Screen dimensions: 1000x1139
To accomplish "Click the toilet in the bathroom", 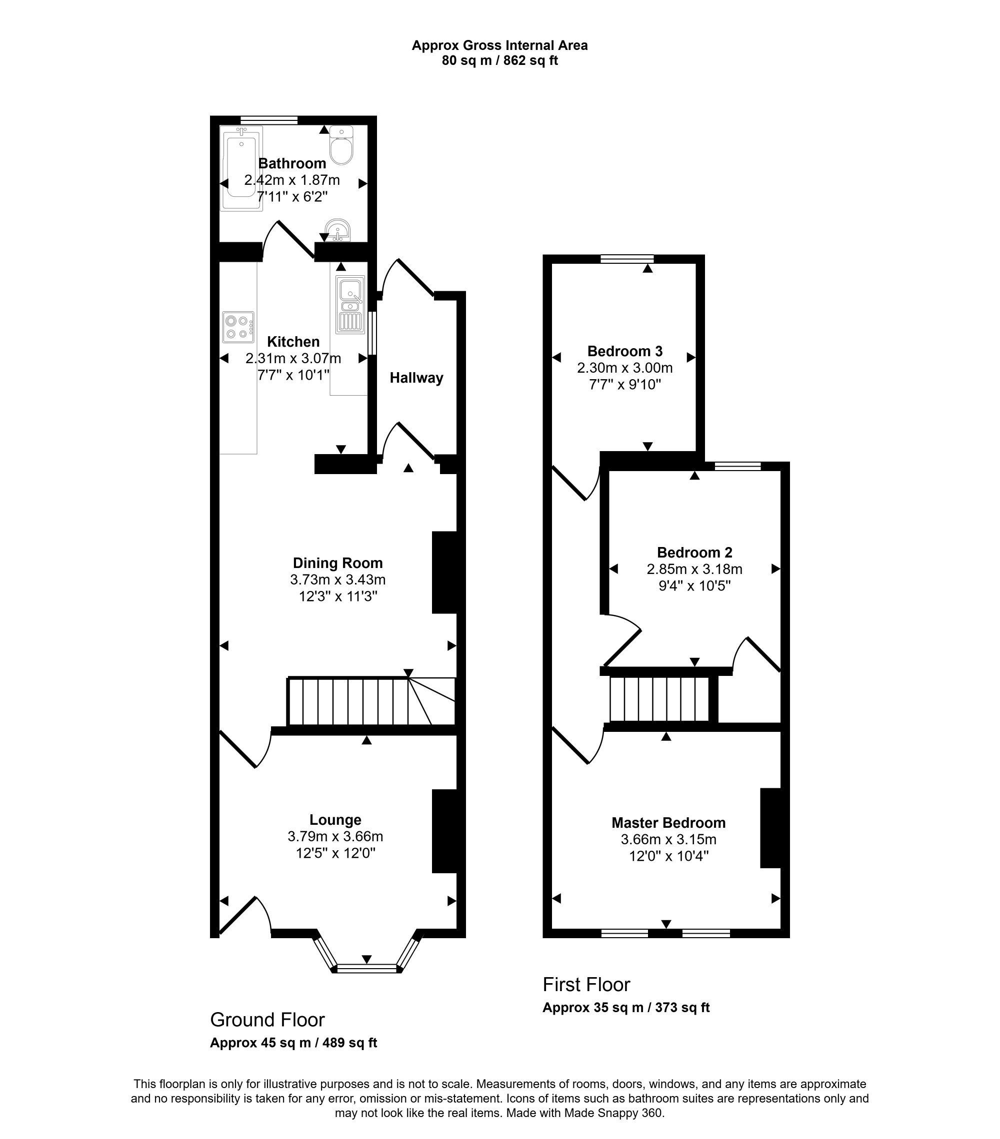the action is (x=341, y=145).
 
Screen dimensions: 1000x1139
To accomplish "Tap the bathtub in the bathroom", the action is (x=241, y=168).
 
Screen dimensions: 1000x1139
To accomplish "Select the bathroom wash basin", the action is (x=338, y=230).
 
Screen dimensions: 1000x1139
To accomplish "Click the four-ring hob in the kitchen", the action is (x=238, y=327).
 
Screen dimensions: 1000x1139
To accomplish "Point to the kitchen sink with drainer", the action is (x=350, y=304).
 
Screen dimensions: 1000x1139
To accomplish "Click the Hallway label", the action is (x=416, y=378).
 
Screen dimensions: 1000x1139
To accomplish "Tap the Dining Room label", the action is (x=338, y=563).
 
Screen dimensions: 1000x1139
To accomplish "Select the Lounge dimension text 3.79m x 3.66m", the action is (x=335, y=836).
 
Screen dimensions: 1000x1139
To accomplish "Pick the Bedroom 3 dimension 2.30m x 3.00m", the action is (x=624, y=368).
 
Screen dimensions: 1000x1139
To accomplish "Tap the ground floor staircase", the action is (x=372, y=701).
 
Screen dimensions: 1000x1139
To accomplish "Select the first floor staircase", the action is (x=660, y=699).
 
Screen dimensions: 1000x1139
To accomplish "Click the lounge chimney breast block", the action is (x=445, y=831).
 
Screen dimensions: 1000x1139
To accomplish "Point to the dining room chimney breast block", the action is (x=445, y=572).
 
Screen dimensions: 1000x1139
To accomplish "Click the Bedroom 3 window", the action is (x=627, y=259).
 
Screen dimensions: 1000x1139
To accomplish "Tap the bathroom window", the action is (x=269, y=120).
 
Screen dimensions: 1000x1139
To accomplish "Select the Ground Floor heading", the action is (x=267, y=1020).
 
